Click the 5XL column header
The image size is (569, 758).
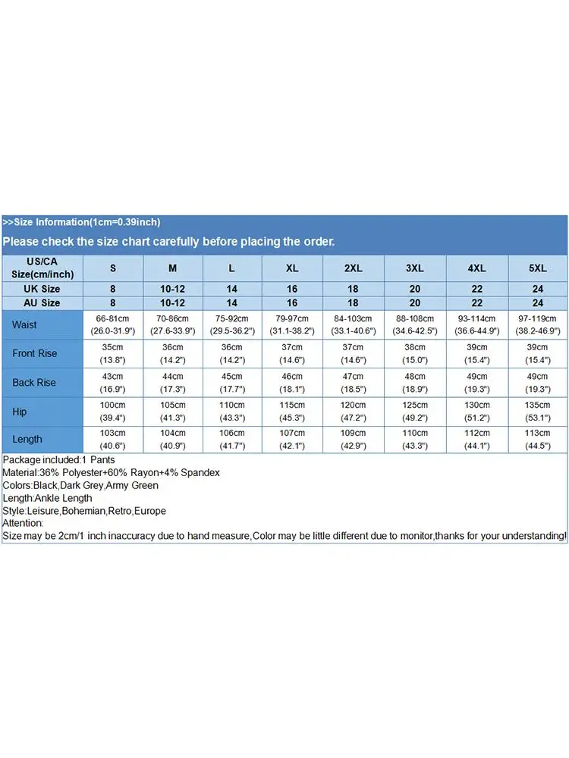537,268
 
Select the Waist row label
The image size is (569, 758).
24,324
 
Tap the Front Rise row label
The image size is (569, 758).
35,353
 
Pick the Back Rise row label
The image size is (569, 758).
34,382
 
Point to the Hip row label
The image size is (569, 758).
20,411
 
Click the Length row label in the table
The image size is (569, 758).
27,439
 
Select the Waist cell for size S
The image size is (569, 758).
113,324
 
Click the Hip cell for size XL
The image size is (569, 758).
293,411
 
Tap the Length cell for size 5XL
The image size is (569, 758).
537,439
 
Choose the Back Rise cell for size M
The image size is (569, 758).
172,382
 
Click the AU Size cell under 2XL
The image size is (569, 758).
354,302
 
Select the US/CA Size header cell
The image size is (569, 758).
42,268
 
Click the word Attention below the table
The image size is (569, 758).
23,523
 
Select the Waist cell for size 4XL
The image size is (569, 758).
476,324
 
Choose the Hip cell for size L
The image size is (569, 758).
232,411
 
